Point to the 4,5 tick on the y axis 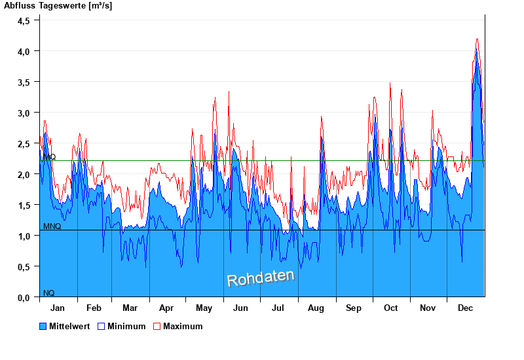click(24, 20)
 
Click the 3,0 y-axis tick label click(24, 113)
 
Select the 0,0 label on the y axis click(24, 297)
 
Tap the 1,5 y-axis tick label click(24, 205)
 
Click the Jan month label click(58, 308)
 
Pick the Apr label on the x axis click(166, 308)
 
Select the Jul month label click(278, 308)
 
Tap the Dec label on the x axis click(465, 308)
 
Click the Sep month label click(354, 308)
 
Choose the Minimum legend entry click(126, 326)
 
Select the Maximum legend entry click(183, 326)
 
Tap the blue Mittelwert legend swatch click(43, 326)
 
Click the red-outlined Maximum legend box click(157, 326)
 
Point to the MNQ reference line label click(52, 226)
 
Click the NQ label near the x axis click(48, 293)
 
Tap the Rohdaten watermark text click(261, 277)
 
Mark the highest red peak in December click(477, 39)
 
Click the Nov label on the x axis click(428, 308)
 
